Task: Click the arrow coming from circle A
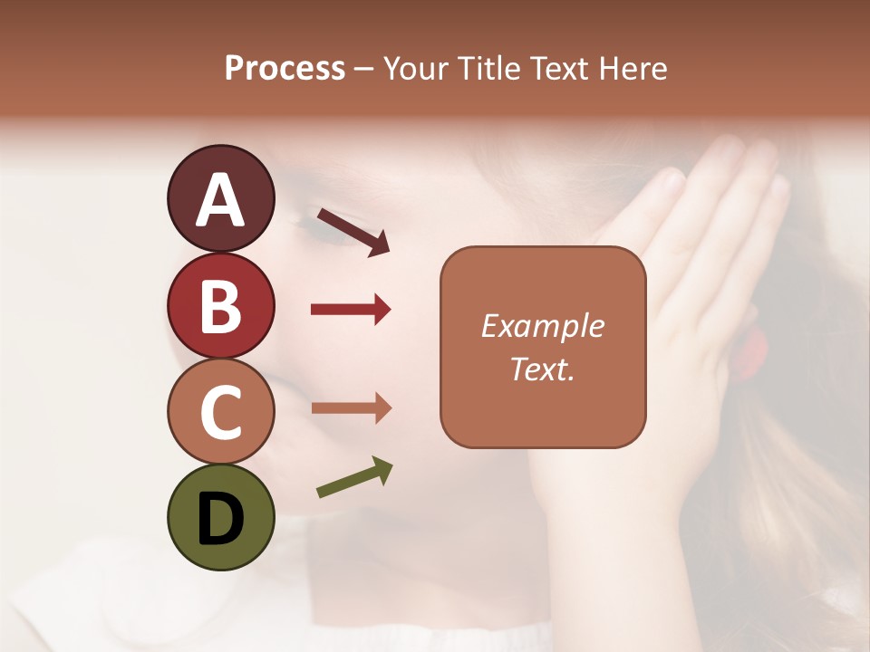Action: (x=353, y=232)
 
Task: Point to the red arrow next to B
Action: (x=351, y=310)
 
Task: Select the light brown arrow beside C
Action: (x=351, y=408)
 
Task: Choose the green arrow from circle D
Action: (x=354, y=478)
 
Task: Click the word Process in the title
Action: (x=285, y=69)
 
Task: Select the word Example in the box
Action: (x=542, y=326)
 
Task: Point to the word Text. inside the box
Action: (x=542, y=369)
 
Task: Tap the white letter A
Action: (x=220, y=199)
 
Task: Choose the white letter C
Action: (x=220, y=413)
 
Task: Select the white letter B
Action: (x=220, y=306)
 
